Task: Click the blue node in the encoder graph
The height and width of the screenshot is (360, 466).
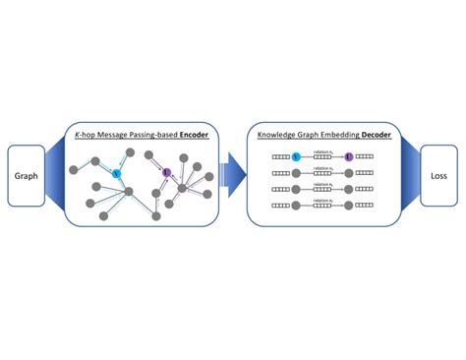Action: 116,173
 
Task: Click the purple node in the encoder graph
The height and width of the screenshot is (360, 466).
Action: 166,173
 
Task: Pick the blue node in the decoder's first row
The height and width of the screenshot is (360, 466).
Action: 296,156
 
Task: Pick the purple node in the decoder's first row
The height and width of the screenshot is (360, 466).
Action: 348,156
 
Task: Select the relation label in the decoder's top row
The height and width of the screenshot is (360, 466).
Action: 321,151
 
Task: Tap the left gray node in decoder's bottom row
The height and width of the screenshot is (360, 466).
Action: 296,207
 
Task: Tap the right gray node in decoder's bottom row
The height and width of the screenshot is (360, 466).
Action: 348,207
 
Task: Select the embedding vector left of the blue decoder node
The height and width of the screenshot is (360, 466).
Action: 278,156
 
